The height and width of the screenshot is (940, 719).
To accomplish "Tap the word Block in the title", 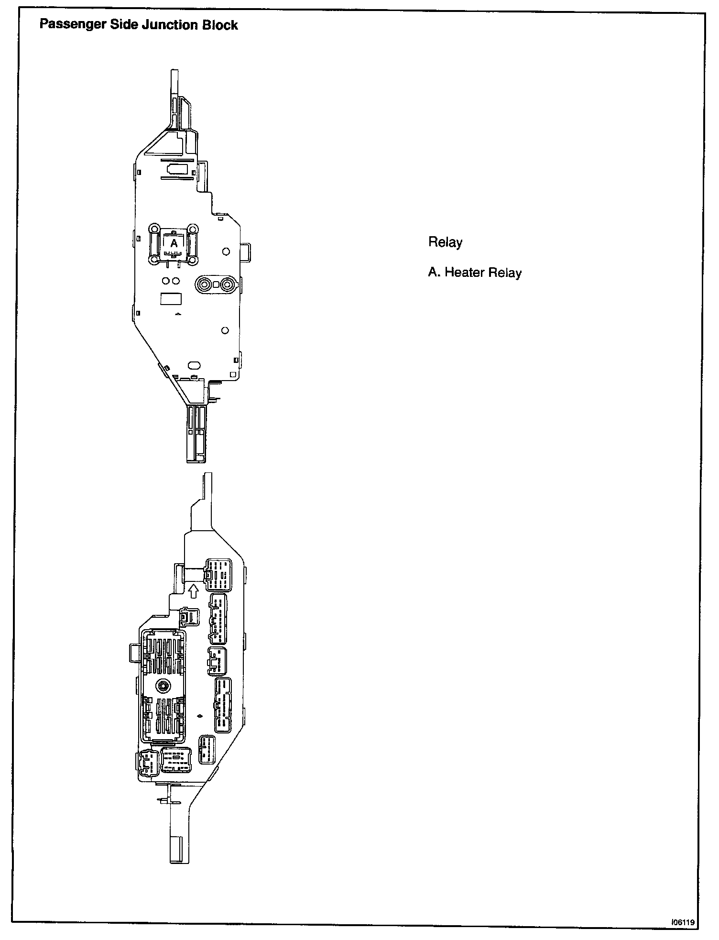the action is click(219, 25).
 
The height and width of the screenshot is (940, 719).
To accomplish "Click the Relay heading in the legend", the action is click(445, 242).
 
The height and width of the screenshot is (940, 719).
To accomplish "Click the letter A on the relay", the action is click(174, 243).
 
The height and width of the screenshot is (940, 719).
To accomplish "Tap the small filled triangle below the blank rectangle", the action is click(177, 314).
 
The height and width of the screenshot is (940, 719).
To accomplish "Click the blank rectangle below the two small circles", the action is click(171, 299).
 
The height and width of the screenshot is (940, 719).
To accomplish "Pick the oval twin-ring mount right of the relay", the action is click(216, 284).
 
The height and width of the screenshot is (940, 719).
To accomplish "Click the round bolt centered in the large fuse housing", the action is click(163, 686).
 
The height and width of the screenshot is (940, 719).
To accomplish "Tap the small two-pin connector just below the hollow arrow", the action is click(189, 617).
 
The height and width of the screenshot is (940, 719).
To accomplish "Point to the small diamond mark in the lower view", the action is click(200, 716).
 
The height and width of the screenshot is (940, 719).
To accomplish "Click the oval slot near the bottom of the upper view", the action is click(194, 365).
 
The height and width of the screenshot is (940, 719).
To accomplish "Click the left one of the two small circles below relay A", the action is click(165, 281).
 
